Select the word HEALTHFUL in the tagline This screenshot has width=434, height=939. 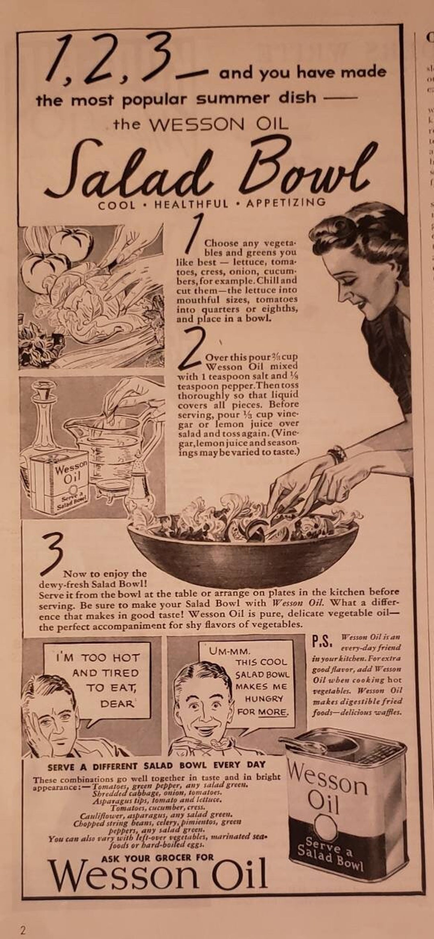pos(191,204)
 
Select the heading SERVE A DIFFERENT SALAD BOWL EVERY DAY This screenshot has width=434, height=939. pos(157,766)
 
